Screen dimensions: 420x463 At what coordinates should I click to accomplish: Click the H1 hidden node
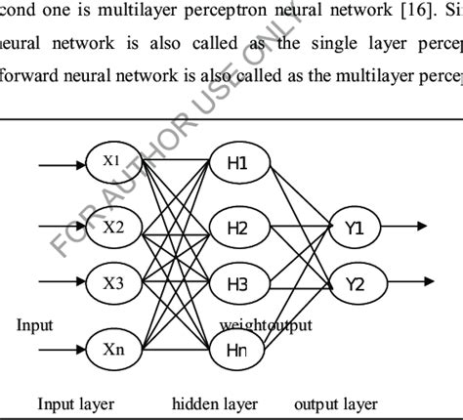coord(237,163)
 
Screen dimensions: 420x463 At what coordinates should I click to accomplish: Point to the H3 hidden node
coord(237,286)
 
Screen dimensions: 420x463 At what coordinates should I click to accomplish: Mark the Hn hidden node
coord(237,346)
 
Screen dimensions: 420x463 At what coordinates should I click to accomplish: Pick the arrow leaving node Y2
coord(406,285)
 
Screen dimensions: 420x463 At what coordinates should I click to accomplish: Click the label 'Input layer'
coord(75,403)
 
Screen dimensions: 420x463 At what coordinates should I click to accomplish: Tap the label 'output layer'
coord(335,403)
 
